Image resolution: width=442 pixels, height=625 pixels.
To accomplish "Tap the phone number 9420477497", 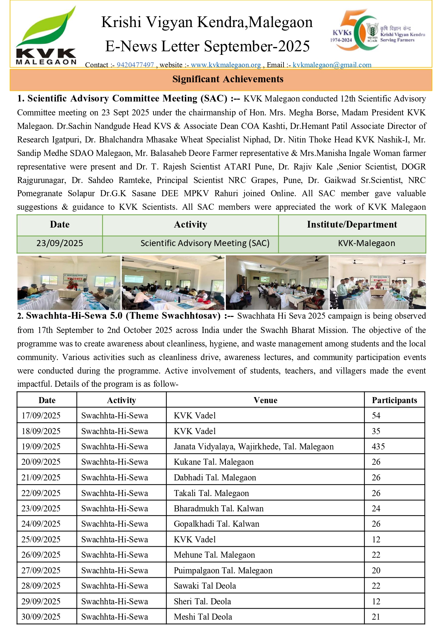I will point(135,65).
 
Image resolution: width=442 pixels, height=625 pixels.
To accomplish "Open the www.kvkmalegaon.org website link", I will point(226,65).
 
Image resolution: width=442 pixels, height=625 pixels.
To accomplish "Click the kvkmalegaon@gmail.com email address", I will point(332,65).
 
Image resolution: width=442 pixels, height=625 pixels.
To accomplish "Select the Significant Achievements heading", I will point(228,79).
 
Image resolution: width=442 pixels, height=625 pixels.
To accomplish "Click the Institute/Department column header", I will point(352,225).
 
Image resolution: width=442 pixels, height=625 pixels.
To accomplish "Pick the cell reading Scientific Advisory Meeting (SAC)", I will point(205,243).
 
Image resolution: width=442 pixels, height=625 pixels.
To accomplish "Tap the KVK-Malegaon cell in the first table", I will point(366,243).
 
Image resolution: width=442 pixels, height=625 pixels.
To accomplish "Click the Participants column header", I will point(394,400).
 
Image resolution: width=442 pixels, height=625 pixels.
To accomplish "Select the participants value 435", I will point(378,447).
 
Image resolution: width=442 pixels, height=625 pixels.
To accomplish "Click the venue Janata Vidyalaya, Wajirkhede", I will point(254,447).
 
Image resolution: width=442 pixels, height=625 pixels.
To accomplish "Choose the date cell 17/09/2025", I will point(41,416).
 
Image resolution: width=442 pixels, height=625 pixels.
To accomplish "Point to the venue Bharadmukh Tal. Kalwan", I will point(219,509).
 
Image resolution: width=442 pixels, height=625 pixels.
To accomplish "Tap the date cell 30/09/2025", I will point(41,617).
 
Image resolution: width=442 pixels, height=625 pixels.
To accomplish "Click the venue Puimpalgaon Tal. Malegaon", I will point(223,571).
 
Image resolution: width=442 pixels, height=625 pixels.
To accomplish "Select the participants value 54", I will point(376,416).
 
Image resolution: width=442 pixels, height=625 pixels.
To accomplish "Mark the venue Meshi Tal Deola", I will point(203,617).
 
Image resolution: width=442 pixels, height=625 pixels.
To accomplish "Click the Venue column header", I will point(265,400).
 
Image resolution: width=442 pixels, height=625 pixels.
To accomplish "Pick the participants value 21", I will point(376,617).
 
